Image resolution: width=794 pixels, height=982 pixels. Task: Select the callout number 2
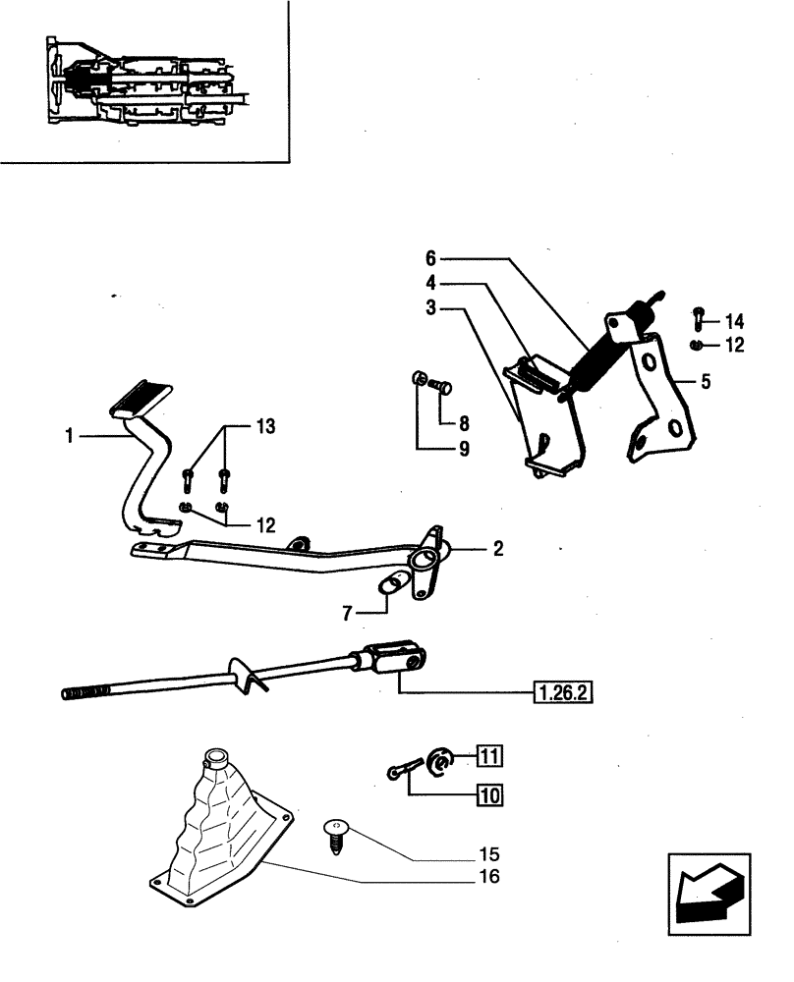[x=498, y=549]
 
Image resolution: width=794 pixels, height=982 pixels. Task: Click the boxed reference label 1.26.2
[x=564, y=692]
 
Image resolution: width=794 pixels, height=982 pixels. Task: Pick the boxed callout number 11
[x=490, y=755]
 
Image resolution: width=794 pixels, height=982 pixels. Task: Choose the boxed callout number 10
[x=489, y=794]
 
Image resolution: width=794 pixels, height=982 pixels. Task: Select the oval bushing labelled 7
[x=391, y=584]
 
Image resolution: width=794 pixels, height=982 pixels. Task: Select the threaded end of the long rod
[x=78, y=693]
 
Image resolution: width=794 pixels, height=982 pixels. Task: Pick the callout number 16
[x=488, y=876]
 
